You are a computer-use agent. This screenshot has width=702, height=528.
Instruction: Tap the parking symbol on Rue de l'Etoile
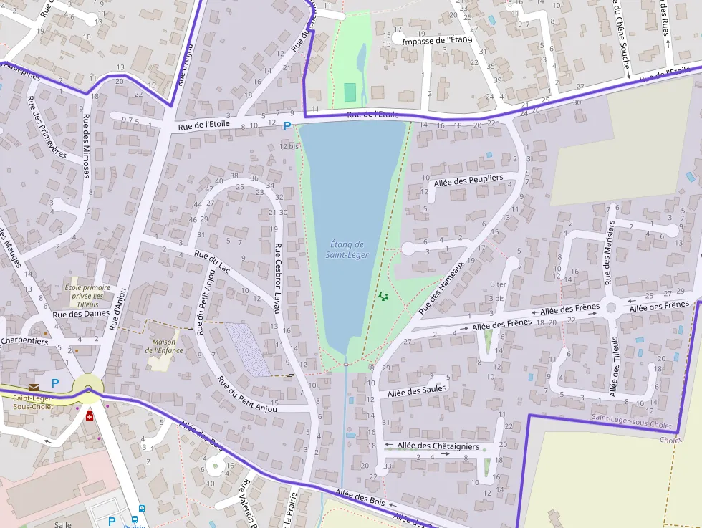click(x=287, y=126)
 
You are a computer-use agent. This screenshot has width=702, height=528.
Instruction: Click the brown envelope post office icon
click(x=34, y=388)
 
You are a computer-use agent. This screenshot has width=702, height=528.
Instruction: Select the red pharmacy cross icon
click(x=90, y=416)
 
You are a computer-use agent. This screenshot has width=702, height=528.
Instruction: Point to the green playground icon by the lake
click(x=383, y=295)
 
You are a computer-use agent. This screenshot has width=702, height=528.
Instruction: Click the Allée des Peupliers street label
click(x=468, y=179)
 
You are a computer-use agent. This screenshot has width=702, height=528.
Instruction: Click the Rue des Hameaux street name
click(x=441, y=287)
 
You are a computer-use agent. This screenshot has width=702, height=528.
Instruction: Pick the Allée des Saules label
click(x=416, y=390)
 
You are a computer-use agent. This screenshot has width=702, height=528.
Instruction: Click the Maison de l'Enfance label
click(x=164, y=346)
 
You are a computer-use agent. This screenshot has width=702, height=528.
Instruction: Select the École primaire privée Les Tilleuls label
click(x=83, y=292)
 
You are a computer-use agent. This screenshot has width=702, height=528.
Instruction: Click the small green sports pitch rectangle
click(x=350, y=92)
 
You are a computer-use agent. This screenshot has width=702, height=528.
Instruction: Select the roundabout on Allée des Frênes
click(x=612, y=308)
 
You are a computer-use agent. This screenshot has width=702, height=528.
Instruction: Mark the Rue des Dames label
click(x=81, y=313)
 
